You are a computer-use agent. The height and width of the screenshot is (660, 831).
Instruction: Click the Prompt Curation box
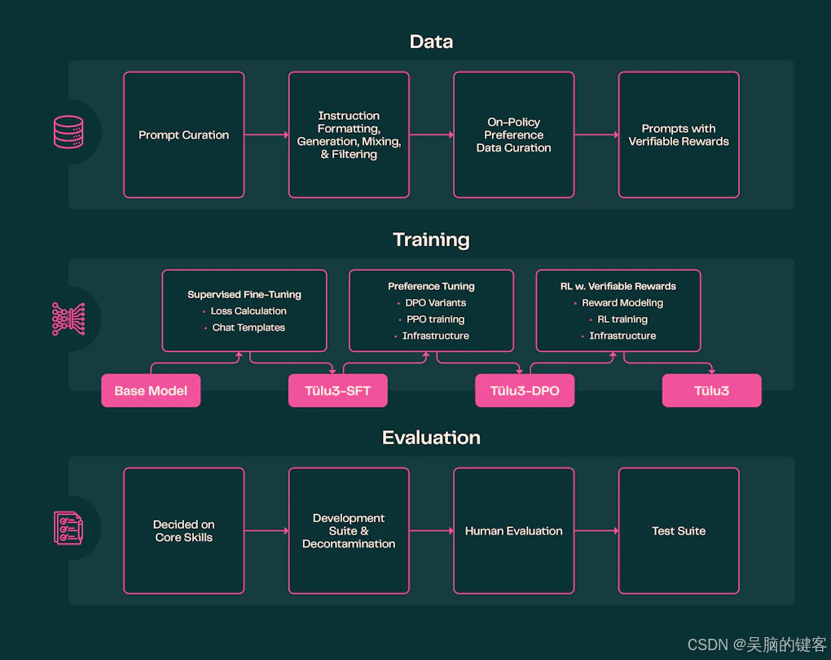183,135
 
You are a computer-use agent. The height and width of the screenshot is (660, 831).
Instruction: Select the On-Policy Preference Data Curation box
513,135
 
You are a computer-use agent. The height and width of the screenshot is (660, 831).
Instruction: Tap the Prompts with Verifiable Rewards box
679,135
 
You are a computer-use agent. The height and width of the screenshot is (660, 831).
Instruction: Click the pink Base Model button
151,391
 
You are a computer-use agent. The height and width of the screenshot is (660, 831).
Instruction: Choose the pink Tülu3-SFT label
338,391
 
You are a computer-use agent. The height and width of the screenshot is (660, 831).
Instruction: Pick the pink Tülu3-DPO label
525,391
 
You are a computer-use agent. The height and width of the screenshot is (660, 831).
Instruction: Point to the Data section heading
431,42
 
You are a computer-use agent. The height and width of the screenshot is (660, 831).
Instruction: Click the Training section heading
431,240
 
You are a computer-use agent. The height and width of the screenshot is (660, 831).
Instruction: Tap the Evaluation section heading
431,438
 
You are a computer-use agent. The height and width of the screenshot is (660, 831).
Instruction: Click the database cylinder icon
68,132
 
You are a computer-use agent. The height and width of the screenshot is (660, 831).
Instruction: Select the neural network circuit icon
68,319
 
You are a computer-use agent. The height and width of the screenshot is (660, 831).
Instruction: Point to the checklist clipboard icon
68,528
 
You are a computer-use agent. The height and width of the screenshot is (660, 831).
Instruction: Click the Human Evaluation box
513,531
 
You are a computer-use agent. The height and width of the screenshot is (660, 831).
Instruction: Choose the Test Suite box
679,531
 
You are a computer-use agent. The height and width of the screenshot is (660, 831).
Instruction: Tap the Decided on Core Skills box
183,531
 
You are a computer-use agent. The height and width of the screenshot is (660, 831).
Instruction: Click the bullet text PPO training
435,319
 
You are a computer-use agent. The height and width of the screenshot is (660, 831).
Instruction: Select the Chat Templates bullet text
248,328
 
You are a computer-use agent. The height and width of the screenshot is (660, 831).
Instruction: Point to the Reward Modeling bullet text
622,303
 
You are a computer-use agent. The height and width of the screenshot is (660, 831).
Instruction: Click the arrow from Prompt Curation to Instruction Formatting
266,135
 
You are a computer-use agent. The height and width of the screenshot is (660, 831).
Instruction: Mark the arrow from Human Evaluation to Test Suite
596,531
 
